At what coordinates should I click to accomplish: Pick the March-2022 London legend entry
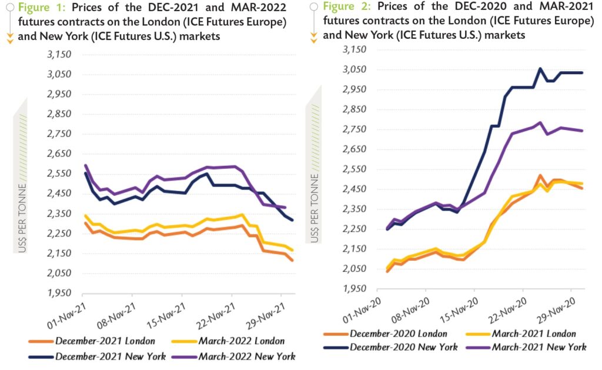point(241,341)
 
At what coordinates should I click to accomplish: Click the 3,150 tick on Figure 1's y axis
point(58,55)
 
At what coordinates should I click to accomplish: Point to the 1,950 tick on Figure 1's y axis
point(58,292)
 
